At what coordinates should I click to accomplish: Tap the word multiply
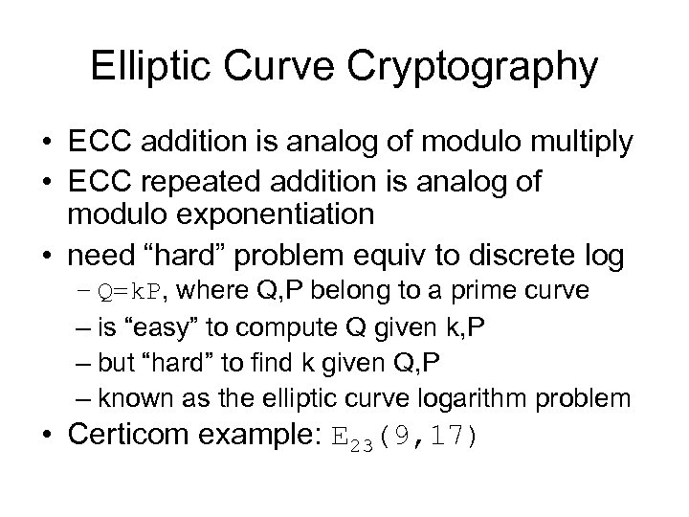click(573, 143)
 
